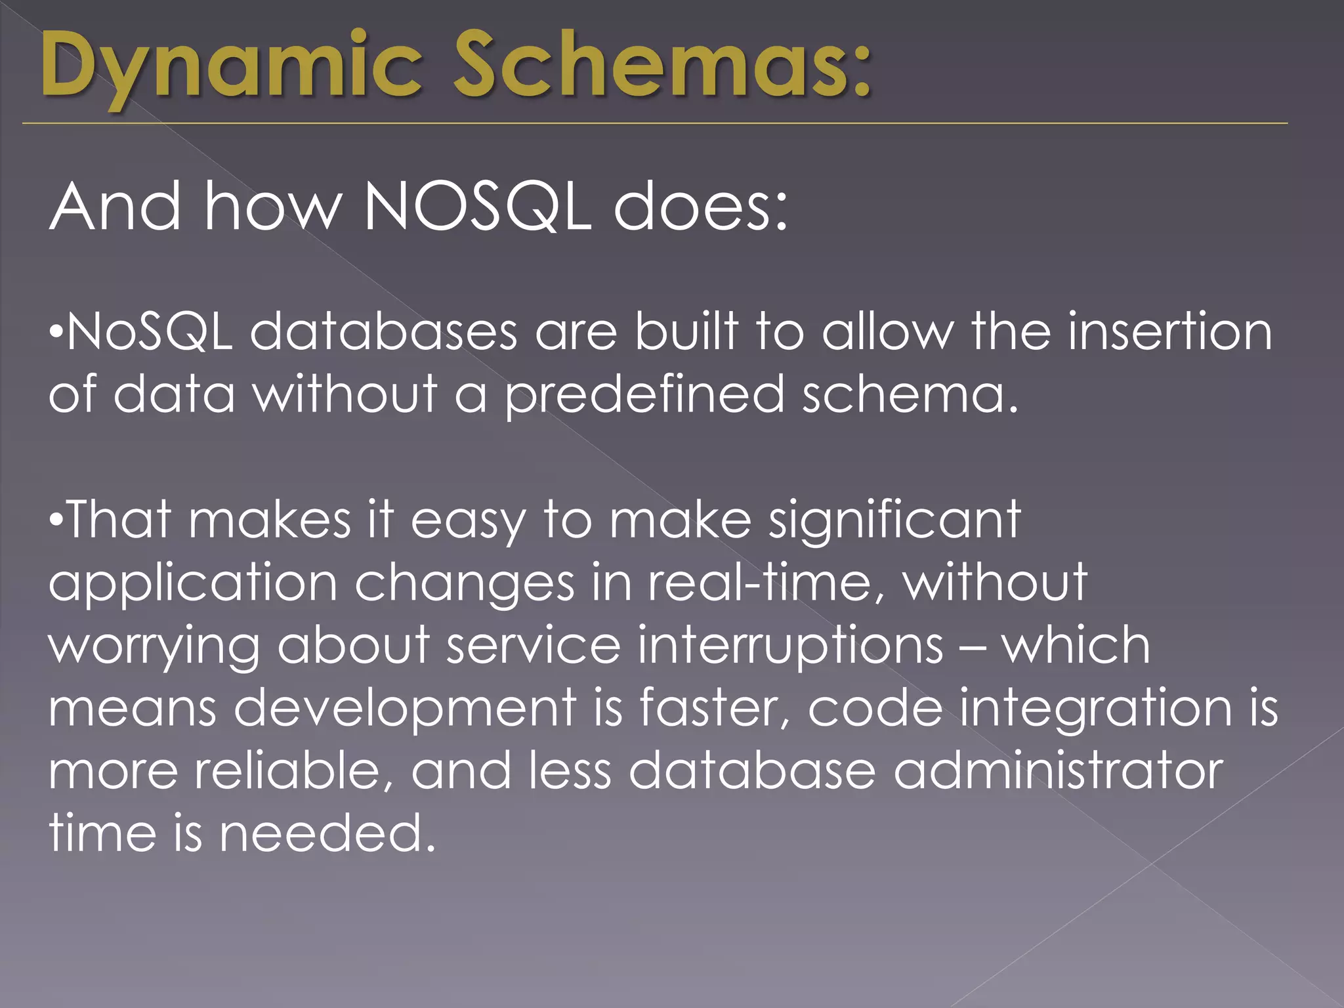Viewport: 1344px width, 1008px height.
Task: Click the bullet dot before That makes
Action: pyautogui.click(x=56, y=520)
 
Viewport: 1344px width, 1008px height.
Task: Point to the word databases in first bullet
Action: pyautogui.click(x=383, y=331)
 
